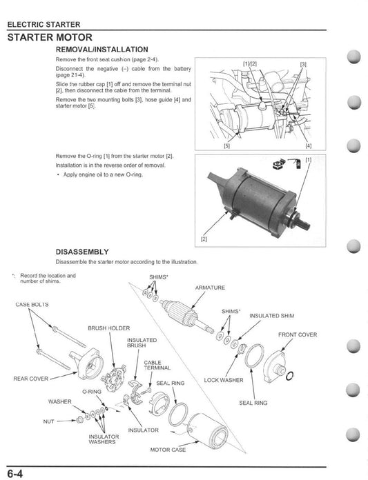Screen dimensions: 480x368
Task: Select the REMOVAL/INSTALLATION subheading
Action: coord(101,50)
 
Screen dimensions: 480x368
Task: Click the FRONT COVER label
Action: coord(298,334)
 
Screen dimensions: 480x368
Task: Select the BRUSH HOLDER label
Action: coord(108,328)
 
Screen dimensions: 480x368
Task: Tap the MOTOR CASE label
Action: coord(168,449)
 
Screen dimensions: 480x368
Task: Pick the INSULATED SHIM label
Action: coord(271,316)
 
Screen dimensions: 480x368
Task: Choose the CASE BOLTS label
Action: coord(31,304)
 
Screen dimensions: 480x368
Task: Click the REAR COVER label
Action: coord(31,379)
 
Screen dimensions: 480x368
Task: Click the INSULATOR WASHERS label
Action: coord(104,440)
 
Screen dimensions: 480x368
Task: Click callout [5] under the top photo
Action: coord(226,146)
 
